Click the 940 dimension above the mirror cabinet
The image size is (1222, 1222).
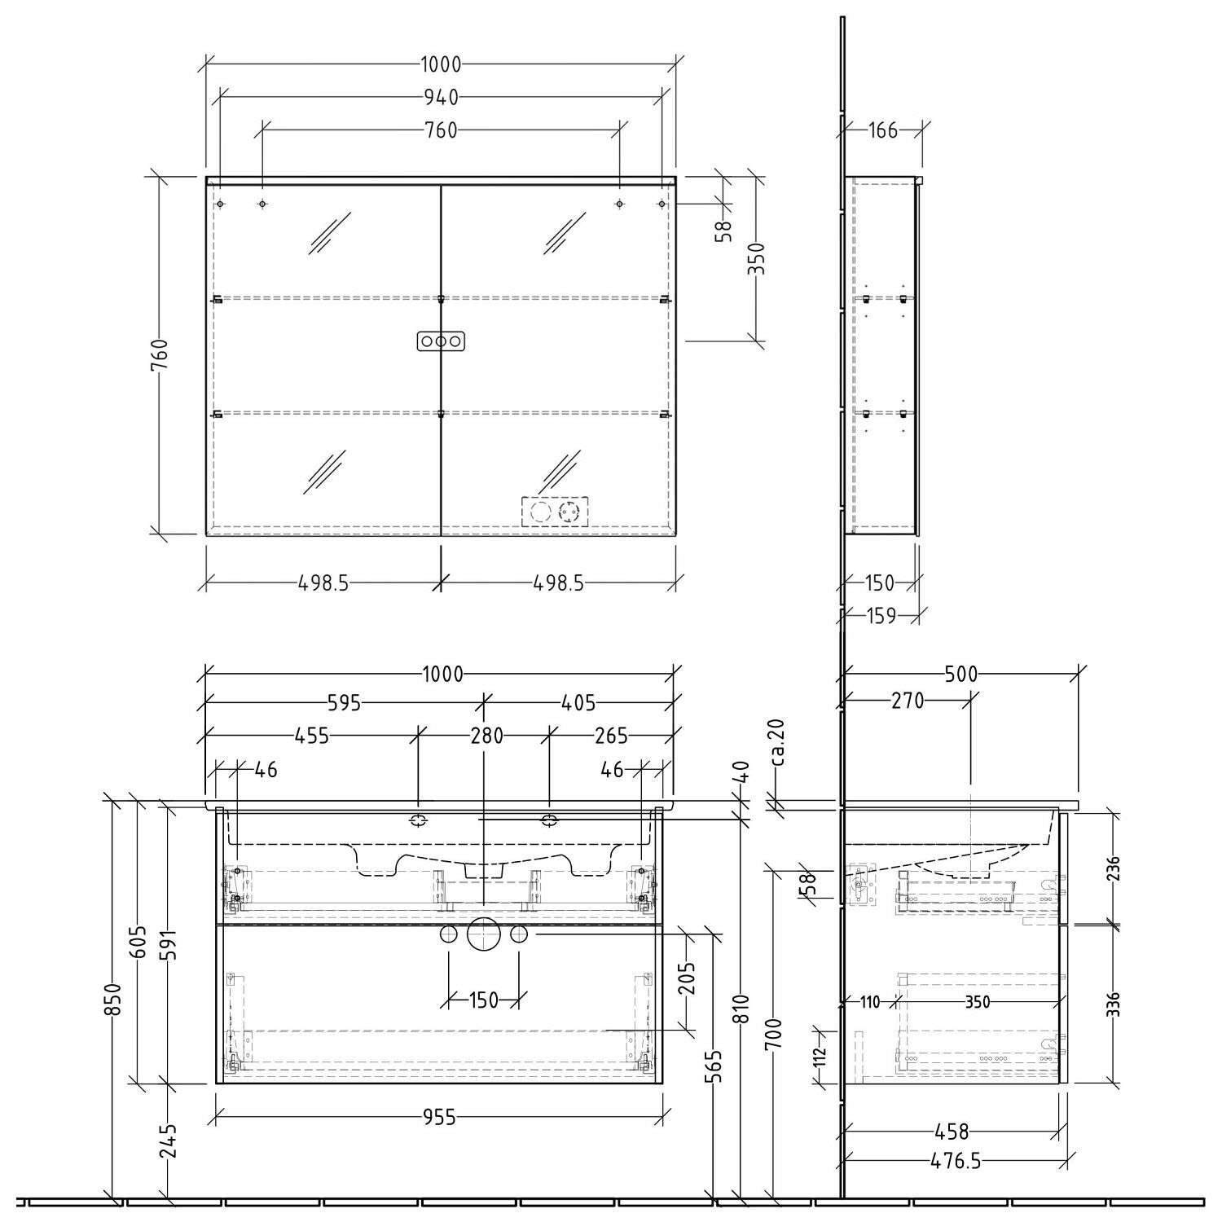pos(441,98)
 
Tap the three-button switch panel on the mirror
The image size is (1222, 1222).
pos(441,341)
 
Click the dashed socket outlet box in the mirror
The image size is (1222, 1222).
pos(555,512)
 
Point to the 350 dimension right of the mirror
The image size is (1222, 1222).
pos(758,260)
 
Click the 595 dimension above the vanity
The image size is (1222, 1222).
pos(344,703)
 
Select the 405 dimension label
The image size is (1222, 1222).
pos(578,703)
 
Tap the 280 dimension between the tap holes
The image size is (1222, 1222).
pos(486,736)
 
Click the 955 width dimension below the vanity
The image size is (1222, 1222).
pos(439,1118)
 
